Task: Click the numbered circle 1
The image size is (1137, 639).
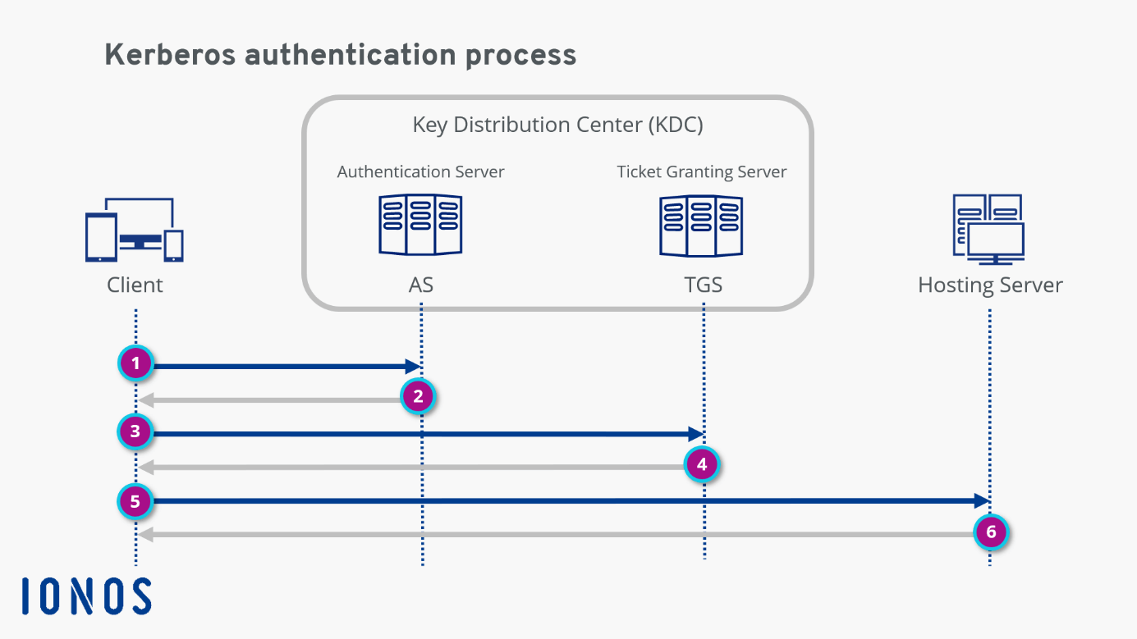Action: [x=135, y=363]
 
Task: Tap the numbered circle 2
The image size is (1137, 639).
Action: [x=418, y=397]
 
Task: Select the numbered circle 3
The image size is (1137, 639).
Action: [x=135, y=431]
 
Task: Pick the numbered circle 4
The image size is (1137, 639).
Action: [x=701, y=465]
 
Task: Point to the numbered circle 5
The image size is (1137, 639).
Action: [x=135, y=500]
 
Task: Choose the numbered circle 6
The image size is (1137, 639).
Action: [x=991, y=532]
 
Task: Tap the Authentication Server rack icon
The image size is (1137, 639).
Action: [x=420, y=225]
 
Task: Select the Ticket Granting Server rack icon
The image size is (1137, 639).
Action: [x=702, y=225]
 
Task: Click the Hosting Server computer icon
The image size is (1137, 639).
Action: [x=988, y=230]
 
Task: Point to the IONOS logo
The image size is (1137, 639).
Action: [x=86, y=596]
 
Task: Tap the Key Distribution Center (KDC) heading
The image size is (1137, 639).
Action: [x=557, y=126]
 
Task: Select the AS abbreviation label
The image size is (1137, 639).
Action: [x=420, y=285]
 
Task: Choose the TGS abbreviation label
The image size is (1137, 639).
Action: [x=703, y=285]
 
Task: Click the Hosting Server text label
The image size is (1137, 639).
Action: [x=990, y=285]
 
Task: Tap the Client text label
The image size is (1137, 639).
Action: [x=135, y=285]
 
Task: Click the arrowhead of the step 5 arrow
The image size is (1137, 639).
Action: [x=982, y=501]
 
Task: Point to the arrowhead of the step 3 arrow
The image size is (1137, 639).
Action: [x=696, y=434]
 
